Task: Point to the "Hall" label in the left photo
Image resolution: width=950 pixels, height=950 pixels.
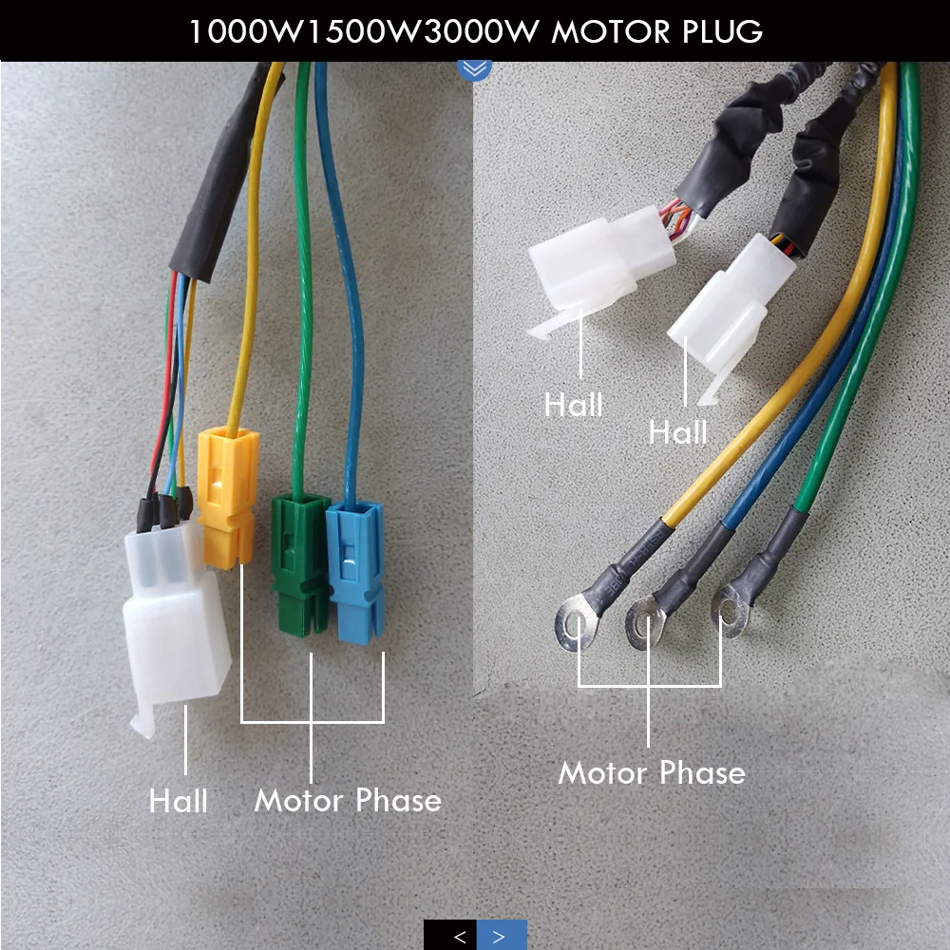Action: (x=178, y=801)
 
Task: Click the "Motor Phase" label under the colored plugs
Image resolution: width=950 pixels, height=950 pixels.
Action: (x=348, y=800)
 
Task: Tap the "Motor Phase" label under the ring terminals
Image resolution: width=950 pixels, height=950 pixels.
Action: (x=652, y=771)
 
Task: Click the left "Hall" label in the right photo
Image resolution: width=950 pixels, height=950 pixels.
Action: (x=573, y=406)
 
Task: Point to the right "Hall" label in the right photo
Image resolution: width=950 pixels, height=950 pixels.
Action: (x=678, y=433)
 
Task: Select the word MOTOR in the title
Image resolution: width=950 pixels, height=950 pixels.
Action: (x=605, y=31)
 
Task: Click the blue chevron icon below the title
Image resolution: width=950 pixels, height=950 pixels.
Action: (x=474, y=68)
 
